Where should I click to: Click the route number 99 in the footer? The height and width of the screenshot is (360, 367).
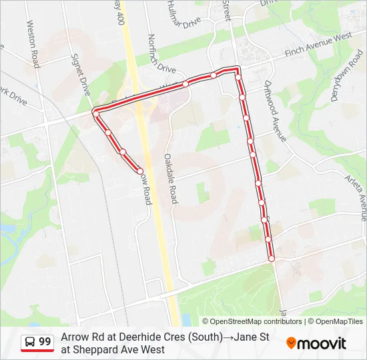pos(45,342)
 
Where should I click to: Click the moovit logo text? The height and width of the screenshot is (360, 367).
pos(322,343)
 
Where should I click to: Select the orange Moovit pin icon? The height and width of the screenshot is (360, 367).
pos(291,343)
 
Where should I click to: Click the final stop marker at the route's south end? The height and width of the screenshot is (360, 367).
pos(271,259)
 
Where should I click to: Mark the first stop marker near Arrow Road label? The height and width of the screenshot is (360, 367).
pos(139,171)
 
